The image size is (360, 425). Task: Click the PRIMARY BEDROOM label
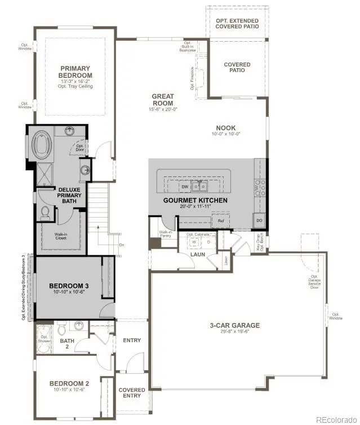pos(75,72)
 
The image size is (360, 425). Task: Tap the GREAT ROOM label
pos(163,100)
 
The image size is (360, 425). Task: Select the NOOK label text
pos(225,128)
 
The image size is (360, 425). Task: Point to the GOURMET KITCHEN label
pos(195,200)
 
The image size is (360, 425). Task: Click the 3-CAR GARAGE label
pos(234,325)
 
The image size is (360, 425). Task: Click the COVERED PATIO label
pos(237,68)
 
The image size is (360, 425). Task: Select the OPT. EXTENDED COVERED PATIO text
pos(237,23)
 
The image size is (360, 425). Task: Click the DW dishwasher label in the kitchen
pos(184,187)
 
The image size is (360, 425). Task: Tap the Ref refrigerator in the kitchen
pos(221,221)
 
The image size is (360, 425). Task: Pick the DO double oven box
pos(260,220)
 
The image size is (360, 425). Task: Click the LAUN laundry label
pos(197,254)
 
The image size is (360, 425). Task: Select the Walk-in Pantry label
pos(165,234)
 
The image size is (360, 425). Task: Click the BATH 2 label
pos(66,343)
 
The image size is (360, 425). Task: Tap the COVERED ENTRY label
pos(132,393)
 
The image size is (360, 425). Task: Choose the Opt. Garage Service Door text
pos(314,280)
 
